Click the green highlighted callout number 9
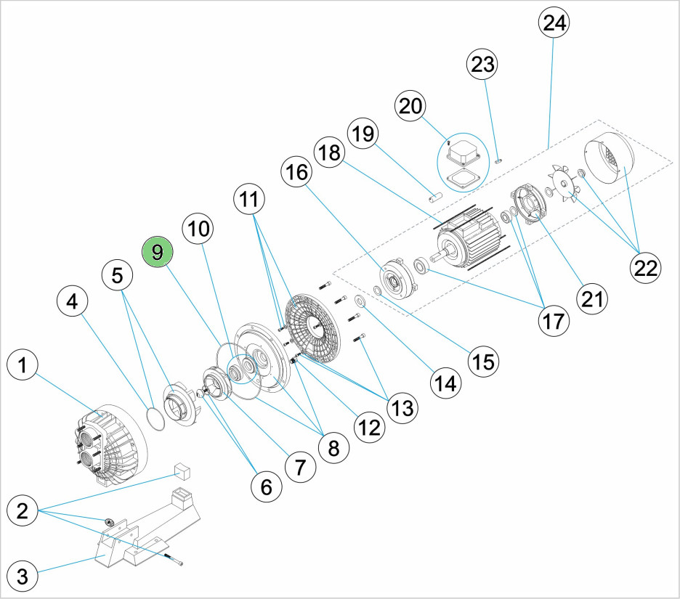click(158, 252)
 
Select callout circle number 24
click(554, 23)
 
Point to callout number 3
click(23, 577)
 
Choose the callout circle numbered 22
click(644, 267)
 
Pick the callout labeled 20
click(411, 106)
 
